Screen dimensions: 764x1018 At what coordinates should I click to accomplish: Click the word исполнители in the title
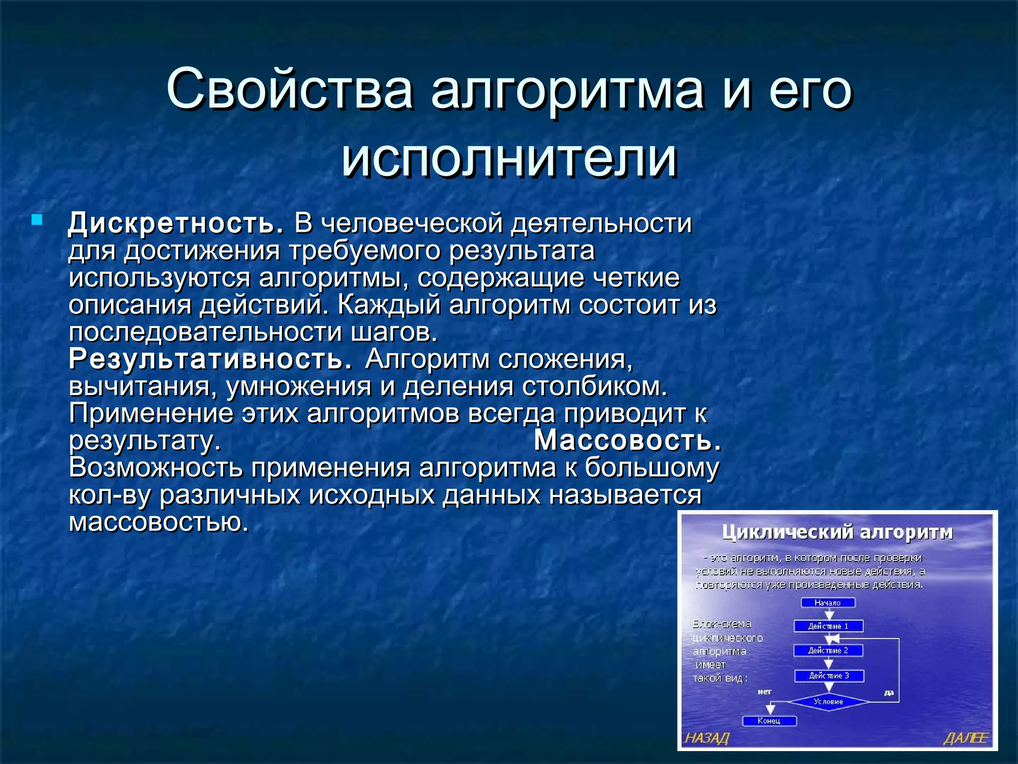(509, 158)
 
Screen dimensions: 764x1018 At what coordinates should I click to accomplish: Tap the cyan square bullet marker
(37, 219)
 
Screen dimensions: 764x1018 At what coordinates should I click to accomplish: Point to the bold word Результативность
(211, 359)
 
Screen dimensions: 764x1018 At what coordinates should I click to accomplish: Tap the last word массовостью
(159, 522)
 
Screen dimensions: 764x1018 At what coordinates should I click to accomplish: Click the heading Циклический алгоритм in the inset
(838, 532)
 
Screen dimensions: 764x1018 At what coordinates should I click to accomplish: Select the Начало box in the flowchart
(828, 602)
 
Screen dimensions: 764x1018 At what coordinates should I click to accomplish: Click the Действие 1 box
(828, 626)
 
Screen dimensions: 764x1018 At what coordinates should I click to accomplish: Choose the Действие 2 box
(828, 651)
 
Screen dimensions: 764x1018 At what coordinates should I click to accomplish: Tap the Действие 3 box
(829, 675)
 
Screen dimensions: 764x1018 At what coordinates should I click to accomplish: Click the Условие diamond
(829, 701)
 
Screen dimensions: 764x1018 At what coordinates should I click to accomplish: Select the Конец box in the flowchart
(769, 721)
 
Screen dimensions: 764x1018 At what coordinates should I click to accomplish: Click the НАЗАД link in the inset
(707, 738)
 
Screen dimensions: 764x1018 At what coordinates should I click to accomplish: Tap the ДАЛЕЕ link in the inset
(965, 738)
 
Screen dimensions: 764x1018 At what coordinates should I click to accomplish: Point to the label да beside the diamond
(889, 692)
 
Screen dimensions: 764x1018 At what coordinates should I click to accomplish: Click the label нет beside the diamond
(764, 691)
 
